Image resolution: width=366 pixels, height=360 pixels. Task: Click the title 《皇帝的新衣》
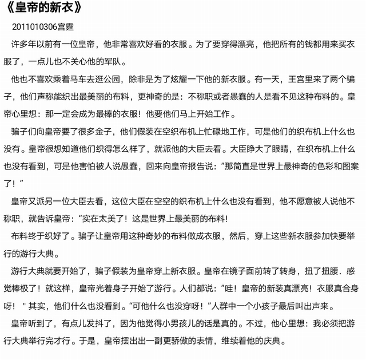[46, 9]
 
